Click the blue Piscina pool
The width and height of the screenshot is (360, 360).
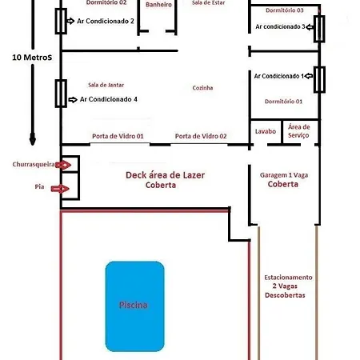click(x=134, y=306)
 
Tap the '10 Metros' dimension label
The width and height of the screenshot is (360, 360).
click(x=32, y=58)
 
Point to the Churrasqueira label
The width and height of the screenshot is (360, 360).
click(x=34, y=164)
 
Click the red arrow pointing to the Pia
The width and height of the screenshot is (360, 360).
click(x=60, y=189)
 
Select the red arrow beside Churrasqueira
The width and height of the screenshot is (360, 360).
click(x=63, y=165)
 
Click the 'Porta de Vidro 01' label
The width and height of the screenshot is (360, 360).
click(x=118, y=136)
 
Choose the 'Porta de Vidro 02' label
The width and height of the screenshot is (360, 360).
click(x=201, y=136)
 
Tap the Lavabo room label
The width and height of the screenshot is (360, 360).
click(x=266, y=131)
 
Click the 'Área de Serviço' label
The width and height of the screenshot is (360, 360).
click(x=299, y=131)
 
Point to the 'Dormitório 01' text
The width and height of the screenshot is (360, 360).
click(x=283, y=102)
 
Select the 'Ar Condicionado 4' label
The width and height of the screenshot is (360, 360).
click(x=109, y=99)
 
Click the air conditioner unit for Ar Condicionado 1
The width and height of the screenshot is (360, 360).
click(x=319, y=79)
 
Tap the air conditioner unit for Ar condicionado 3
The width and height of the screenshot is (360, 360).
click(x=319, y=29)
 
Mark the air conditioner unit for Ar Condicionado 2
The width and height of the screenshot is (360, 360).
click(x=61, y=21)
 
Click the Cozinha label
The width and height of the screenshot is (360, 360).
click(x=202, y=88)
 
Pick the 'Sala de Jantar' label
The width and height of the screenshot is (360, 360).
click(x=106, y=85)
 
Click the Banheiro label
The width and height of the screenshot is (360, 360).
click(x=158, y=5)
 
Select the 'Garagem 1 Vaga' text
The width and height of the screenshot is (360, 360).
click(x=284, y=175)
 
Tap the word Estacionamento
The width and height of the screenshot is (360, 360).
click(x=288, y=278)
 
